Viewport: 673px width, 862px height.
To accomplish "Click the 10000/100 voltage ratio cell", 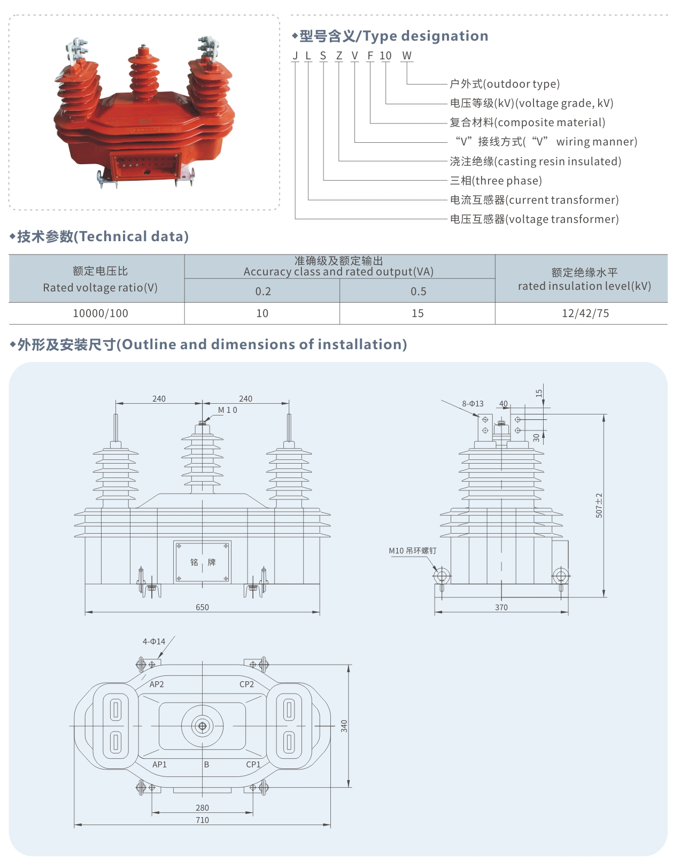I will tap(100, 313).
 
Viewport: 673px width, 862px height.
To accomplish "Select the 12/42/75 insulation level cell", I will tap(585, 313).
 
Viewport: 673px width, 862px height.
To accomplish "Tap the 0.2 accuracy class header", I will tap(262, 291).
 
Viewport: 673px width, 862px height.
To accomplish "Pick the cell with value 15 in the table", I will tap(417, 313).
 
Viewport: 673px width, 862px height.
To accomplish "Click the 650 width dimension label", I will tap(202, 607).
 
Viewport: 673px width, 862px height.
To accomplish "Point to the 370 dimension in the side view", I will tap(501, 607).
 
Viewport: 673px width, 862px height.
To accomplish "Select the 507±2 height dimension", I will tap(599, 505).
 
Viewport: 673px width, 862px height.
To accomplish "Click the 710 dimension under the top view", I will tap(202, 820).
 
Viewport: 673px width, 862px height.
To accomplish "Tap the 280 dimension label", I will tap(202, 808).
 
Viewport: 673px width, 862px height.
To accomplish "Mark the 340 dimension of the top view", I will tap(344, 726).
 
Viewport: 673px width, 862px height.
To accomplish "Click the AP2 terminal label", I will tap(157, 684).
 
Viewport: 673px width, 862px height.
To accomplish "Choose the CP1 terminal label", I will tap(253, 765).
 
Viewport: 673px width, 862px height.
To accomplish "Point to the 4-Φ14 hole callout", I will tap(154, 642).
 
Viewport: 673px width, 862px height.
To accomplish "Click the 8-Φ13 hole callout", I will tap(473, 404).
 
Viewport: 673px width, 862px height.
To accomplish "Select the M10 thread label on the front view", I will tap(227, 410).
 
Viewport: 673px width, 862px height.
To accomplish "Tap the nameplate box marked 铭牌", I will tap(203, 562).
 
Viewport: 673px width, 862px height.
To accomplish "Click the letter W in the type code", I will tap(407, 56).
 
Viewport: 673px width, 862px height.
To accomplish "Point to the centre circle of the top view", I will tap(203, 726).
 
